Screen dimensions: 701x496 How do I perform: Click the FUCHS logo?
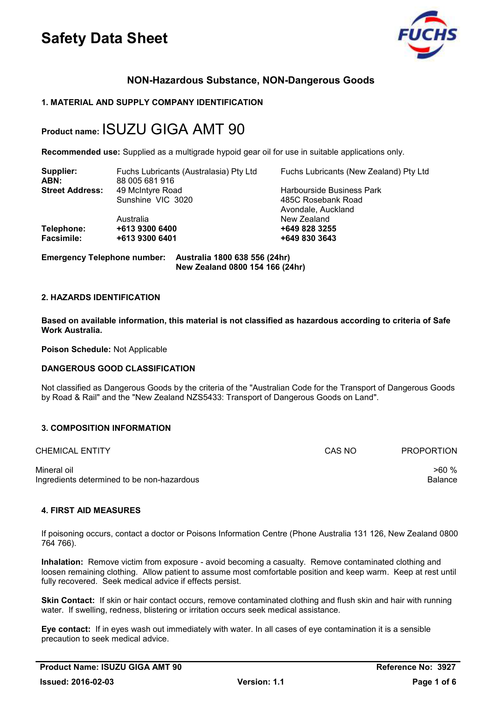pos(427,35)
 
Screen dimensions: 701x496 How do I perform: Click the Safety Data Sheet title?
pos(104,38)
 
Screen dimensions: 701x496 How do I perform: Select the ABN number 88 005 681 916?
pos(145,181)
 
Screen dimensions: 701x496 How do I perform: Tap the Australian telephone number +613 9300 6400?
pos(146,229)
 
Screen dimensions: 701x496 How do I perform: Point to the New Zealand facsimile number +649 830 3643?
pos(308,238)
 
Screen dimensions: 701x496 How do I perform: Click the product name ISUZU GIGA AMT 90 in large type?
pos(173,129)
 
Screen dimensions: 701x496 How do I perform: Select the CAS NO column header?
pos(340,451)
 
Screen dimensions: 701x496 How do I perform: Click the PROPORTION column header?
pos(429,451)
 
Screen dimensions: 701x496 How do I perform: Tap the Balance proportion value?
pos(442,480)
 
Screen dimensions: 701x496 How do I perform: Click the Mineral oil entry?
pos(54,470)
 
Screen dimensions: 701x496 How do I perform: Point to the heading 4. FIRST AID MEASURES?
pos(91,510)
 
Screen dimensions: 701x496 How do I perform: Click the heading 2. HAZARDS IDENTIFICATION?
pos(101,297)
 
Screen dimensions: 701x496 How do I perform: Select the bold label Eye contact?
pos(66,629)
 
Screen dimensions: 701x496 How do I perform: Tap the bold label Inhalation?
pos(62,562)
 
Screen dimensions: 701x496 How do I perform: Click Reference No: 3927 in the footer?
pos(416,667)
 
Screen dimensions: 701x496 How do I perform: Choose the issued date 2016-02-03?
pos(92,682)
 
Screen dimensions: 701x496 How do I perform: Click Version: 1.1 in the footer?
pos(261,682)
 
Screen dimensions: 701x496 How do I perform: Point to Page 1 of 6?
pos(434,682)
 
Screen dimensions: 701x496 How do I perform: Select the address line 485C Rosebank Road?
pos(321,200)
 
